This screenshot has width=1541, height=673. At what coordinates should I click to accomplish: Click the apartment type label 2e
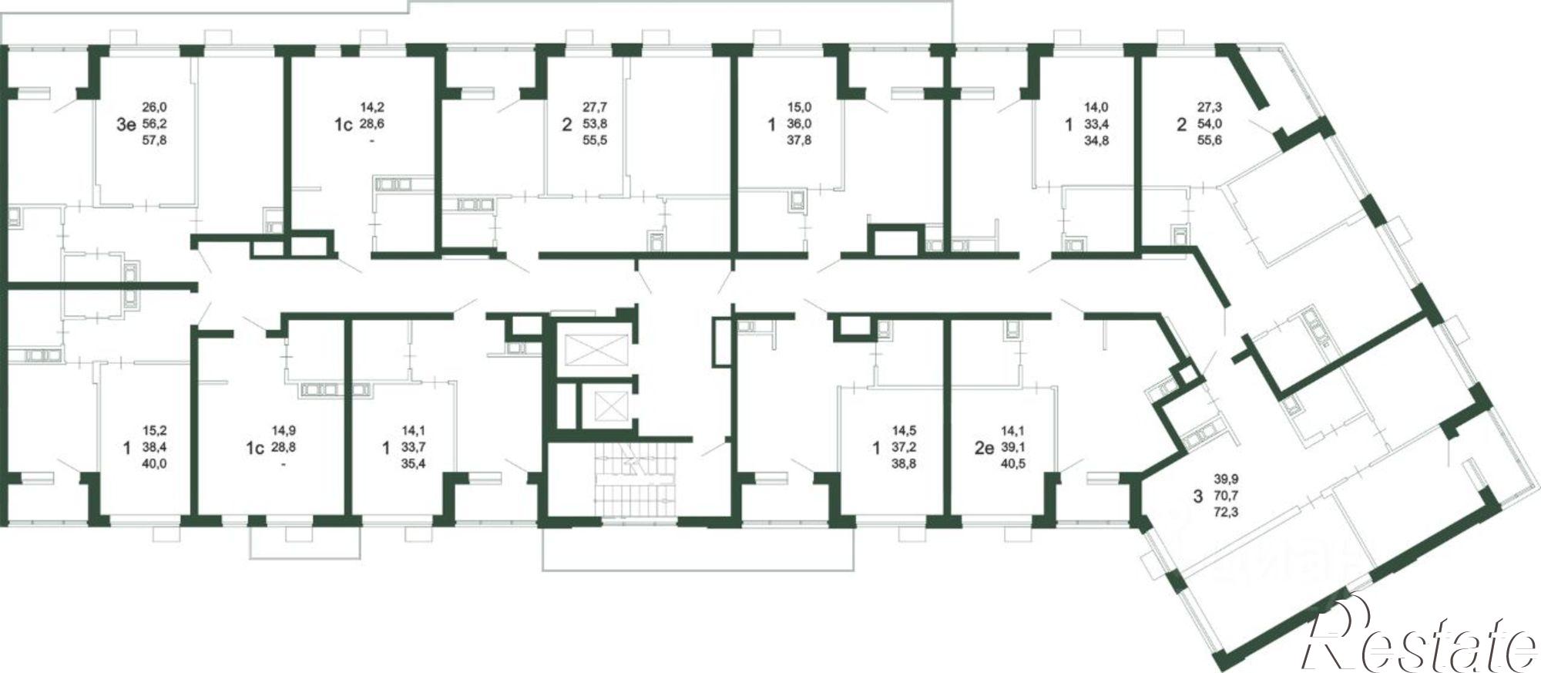[x=984, y=448]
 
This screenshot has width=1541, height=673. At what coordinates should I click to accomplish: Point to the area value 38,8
[x=904, y=464]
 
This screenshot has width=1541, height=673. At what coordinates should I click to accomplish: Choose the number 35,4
[x=414, y=464]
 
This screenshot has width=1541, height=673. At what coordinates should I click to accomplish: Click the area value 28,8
[x=284, y=448]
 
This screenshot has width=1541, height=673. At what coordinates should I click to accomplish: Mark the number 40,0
[x=155, y=464]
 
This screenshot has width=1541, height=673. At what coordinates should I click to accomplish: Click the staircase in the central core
[x=633, y=483]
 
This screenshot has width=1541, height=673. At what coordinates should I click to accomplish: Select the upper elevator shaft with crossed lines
[x=592, y=351]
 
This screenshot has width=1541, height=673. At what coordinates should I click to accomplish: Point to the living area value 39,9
[x=1225, y=479]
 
